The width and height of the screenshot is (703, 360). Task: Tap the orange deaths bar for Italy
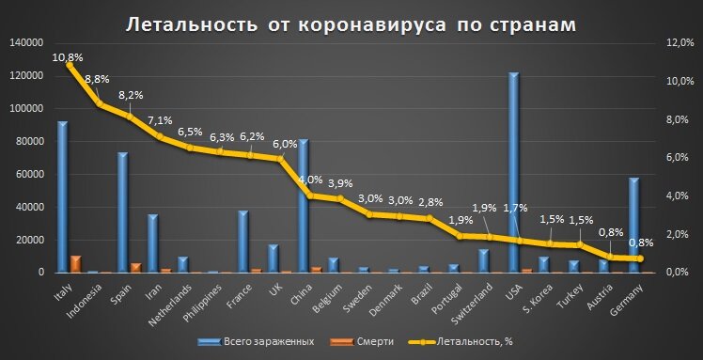[75, 264]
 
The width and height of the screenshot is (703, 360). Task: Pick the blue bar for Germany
[633, 226]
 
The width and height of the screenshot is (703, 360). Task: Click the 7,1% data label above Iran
[160, 120]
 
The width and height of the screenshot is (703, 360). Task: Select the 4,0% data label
[310, 179]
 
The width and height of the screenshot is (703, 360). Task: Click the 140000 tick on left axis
[24, 43]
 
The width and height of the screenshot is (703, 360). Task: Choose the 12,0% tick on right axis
[679, 43]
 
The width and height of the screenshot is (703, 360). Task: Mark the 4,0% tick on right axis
[680, 196]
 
